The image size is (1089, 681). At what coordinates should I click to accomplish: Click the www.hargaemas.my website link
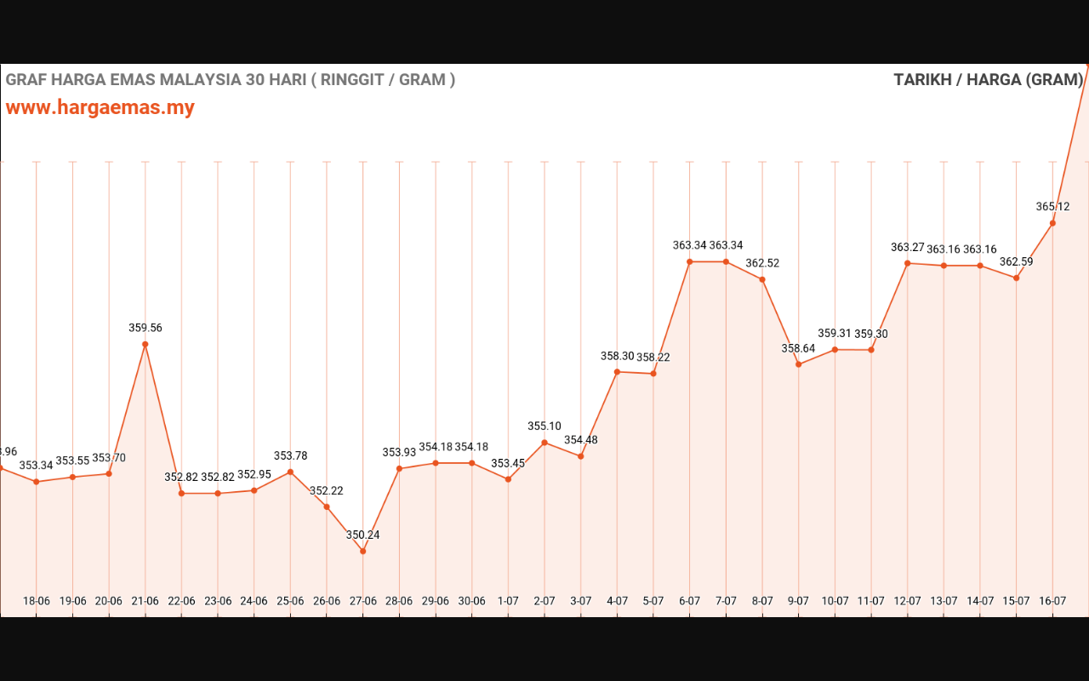point(100,108)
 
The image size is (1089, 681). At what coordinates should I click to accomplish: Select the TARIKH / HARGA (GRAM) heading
point(988,80)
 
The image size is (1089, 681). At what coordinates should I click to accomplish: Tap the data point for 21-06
point(145,345)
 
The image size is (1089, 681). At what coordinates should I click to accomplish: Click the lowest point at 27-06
point(363,552)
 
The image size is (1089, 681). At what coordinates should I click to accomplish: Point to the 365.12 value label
point(1052,207)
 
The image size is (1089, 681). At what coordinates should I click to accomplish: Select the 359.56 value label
point(145,328)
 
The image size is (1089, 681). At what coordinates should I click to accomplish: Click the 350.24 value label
point(363,535)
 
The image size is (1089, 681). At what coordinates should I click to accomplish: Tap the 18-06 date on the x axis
point(37,601)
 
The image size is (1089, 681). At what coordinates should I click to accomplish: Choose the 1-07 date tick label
point(508,601)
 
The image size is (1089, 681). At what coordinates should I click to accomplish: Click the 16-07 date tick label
point(1052,601)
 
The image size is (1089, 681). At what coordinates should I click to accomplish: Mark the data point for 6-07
point(690,262)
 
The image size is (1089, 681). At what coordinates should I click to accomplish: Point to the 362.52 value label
point(762,264)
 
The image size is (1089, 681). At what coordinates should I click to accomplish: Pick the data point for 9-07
point(799,364)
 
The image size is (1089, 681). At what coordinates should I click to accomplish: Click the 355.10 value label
point(544,426)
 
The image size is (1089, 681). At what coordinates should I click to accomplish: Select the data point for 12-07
point(908,264)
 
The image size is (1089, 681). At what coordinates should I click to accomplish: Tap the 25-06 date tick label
point(290,601)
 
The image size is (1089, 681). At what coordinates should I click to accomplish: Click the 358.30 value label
point(617,357)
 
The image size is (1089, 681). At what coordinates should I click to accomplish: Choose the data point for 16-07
point(1052,224)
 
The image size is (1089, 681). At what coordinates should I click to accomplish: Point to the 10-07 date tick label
point(835,601)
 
